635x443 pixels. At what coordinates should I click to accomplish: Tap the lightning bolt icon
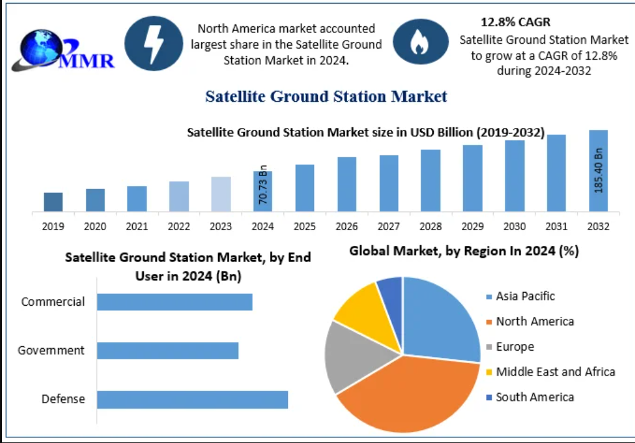pyautogui.click(x=153, y=43)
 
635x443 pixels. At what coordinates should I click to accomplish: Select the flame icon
pyautogui.click(x=417, y=42)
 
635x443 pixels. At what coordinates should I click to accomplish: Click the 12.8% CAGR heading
pyautogui.click(x=515, y=22)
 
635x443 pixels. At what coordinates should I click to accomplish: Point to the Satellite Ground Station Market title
pyautogui.click(x=326, y=97)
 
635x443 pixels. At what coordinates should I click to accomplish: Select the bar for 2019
pyautogui.click(x=54, y=202)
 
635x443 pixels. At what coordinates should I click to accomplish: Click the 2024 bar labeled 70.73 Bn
pyautogui.click(x=262, y=191)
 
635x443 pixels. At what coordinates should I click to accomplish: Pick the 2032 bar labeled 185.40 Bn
pyautogui.click(x=598, y=170)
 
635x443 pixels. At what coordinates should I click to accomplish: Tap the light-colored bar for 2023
pyautogui.click(x=221, y=194)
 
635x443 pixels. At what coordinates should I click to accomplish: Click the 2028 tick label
pyautogui.click(x=431, y=226)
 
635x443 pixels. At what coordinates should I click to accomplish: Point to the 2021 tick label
pyautogui.click(x=137, y=226)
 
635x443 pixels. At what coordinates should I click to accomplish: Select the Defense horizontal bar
pyautogui.click(x=192, y=399)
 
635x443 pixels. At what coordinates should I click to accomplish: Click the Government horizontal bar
pyautogui.click(x=167, y=351)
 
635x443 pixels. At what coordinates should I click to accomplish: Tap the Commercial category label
pyautogui.click(x=53, y=302)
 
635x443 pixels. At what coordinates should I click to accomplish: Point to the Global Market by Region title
pyautogui.click(x=464, y=251)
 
